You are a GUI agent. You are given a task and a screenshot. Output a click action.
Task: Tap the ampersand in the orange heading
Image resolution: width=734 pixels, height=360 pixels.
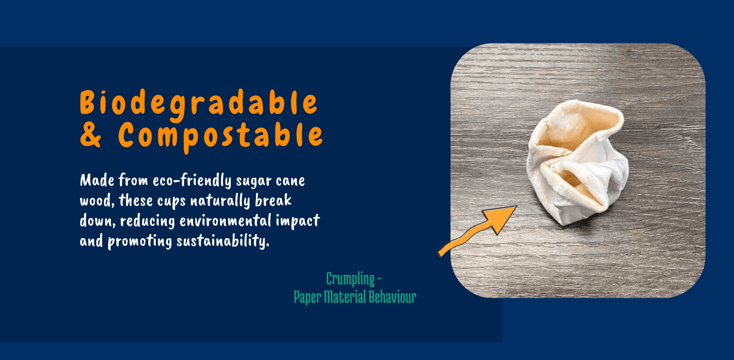pyautogui.click(x=90, y=135)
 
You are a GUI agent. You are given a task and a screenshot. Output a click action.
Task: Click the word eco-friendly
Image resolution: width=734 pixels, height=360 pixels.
pyautogui.click(x=192, y=181)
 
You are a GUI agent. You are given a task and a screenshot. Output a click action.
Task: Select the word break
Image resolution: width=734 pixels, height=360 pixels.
pyautogui.click(x=273, y=200)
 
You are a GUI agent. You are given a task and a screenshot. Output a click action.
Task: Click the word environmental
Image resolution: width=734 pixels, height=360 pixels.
pyautogui.click(x=225, y=221)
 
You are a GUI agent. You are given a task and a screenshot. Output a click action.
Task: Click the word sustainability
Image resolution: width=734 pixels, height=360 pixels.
pyautogui.click(x=223, y=241)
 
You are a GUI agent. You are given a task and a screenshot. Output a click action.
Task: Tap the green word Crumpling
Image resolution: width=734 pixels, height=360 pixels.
pyautogui.click(x=350, y=279)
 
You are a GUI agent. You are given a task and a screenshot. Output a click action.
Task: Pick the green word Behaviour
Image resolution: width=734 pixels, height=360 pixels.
pyautogui.click(x=393, y=297)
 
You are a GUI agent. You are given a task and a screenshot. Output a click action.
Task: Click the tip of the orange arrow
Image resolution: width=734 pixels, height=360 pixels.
pyautogui.click(x=517, y=206)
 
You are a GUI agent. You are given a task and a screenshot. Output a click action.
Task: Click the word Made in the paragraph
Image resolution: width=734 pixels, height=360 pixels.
pyautogui.click(x=97, y=181)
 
